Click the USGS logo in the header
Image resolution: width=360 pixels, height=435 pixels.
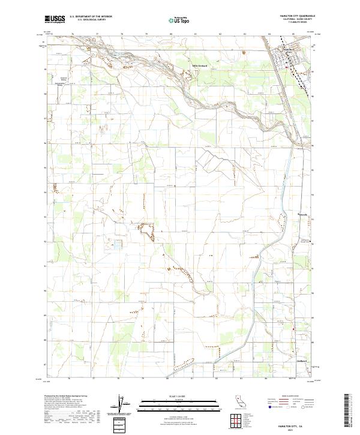[x=55, y=19]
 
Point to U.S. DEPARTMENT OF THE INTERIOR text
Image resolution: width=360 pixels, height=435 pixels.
[x=91, y=17]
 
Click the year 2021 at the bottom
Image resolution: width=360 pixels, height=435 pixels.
[x=292, y=430]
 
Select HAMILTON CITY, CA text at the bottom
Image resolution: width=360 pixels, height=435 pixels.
[x=292, y=425]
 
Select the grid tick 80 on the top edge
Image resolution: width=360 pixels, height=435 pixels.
[x=171, y=35]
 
